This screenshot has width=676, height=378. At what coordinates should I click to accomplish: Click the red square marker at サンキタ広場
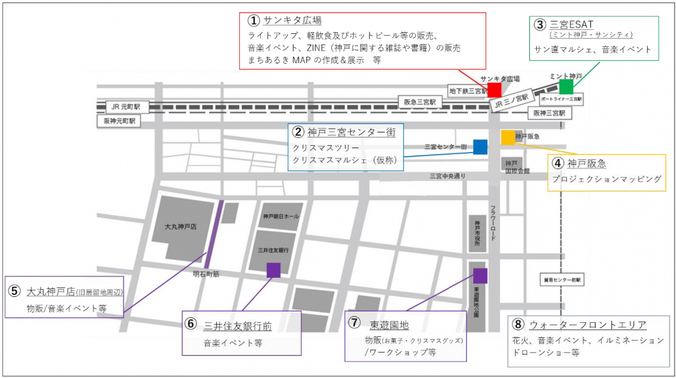coord(494,89)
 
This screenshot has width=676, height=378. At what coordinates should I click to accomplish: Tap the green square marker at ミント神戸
coord(566,86)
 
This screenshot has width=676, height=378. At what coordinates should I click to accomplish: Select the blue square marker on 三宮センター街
coord(480,146)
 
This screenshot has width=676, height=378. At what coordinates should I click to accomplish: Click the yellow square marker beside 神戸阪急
coord(508,137)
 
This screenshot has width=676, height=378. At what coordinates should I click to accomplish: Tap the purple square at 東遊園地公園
coord(480,275)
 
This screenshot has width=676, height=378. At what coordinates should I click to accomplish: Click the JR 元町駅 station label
coord(126,106)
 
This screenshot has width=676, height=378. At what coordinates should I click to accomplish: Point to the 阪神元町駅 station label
coord(120,121)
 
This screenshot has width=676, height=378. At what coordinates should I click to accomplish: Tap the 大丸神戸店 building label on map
coord(180,226)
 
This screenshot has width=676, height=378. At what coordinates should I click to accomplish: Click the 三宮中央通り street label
coord(448,176)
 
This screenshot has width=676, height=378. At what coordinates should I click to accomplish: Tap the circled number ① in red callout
coord(254,20)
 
